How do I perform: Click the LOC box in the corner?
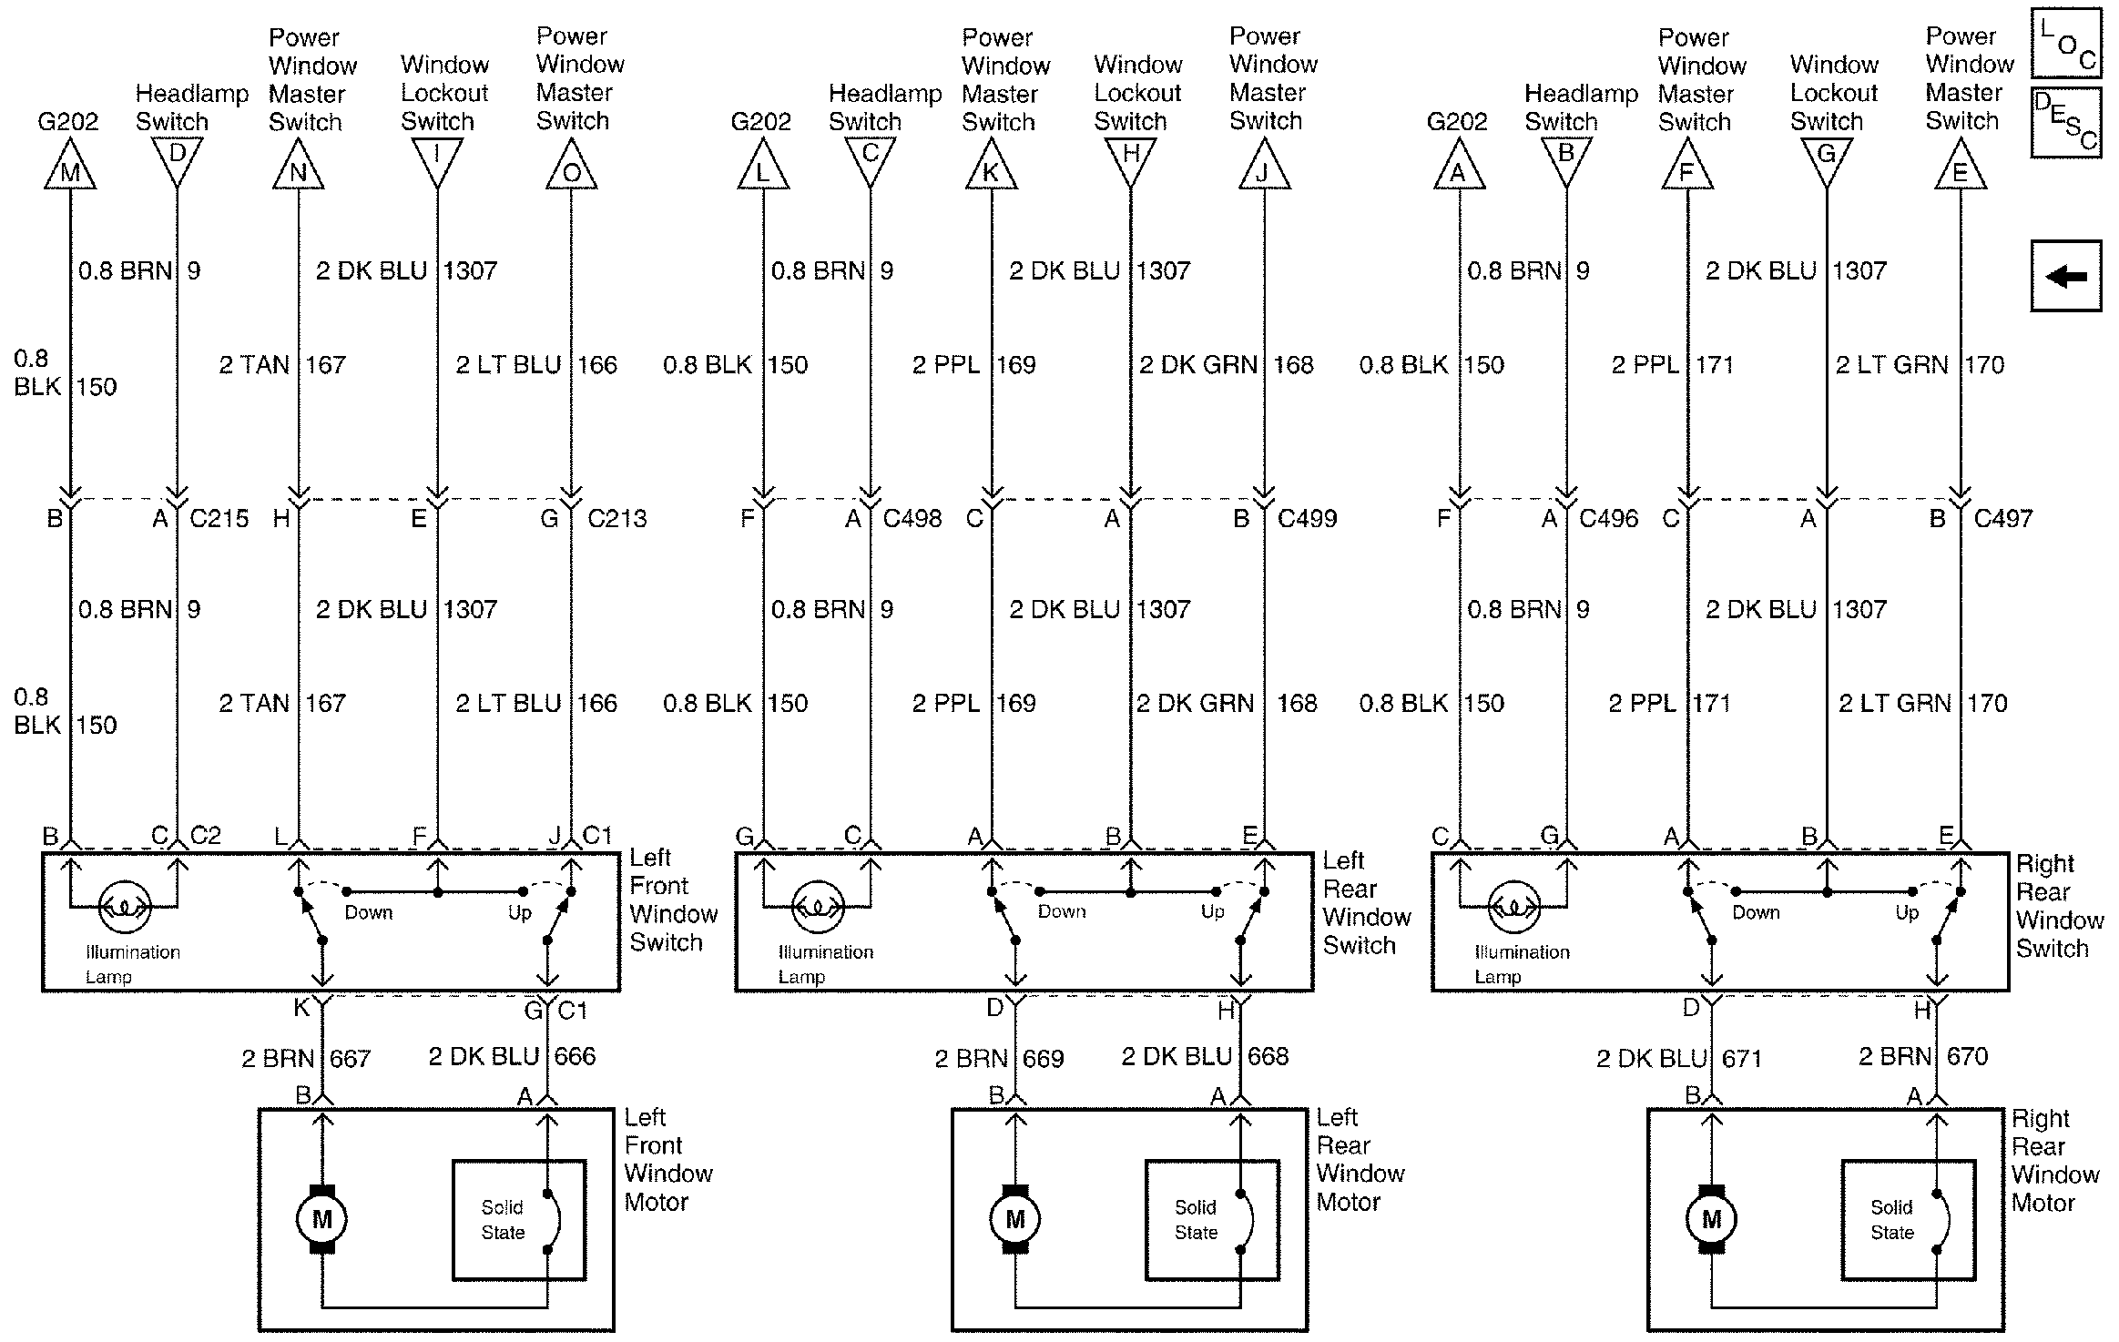[x=2065, y=43]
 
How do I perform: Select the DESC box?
[x=2065, y=123]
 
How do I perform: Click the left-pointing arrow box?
[x=2065, y=276]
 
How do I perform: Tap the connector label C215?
[x=219, y=518]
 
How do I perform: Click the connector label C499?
[x=1307, y=518]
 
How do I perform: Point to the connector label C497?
[x=2003, y=518]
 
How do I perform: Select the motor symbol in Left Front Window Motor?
[x=321, y=1219]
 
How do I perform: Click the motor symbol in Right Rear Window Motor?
[x=1711, y=1219]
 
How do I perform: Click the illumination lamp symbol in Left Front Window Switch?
[x=125, y=907]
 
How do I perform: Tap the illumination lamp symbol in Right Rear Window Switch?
[x=1514, y=907]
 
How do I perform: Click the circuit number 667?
[x=350, y=1059]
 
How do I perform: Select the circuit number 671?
[x=1741, y=1059]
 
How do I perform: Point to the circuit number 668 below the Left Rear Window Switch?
[x=1268, y=1056]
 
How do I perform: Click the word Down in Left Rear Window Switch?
[x=1062, y=911]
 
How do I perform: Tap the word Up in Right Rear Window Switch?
[x=1907, y=912]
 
